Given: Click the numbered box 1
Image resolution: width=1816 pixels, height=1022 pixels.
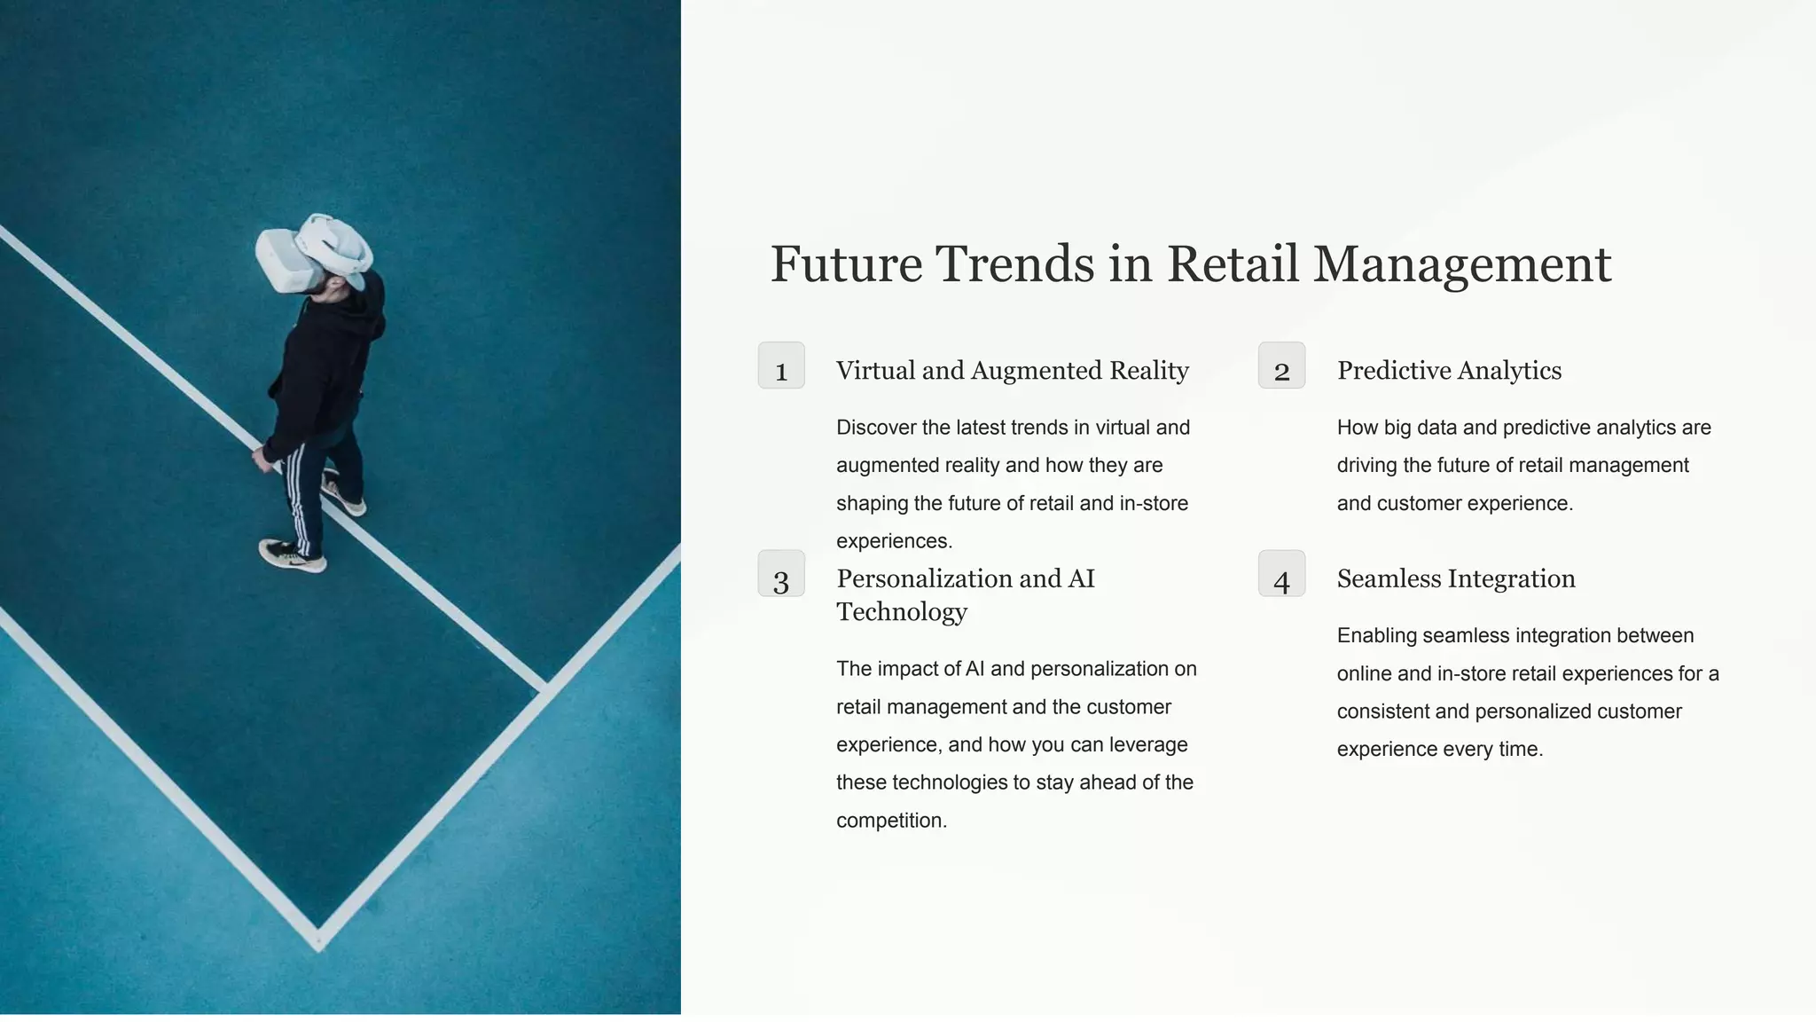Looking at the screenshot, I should pos(781,366).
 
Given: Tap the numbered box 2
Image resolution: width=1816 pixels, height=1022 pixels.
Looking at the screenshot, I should pos(1281,366).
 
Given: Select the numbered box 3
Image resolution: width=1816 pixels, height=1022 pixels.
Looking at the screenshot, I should pos(781,574).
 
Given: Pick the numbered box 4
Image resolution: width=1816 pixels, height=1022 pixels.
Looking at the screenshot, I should pos(1281,574).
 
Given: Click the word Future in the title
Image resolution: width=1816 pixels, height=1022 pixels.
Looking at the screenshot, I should pos(846,264).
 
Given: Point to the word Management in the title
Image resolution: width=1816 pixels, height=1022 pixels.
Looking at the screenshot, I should pos(1461,264).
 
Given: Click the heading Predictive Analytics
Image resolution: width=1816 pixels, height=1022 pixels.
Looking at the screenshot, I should pos(1449,371).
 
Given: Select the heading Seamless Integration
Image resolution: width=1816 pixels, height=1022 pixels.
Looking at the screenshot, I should pos(1456,579).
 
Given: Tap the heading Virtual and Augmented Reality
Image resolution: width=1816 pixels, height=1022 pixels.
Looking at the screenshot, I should pos(1012,371).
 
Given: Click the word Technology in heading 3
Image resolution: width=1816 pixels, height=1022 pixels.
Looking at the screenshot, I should pos(902,612).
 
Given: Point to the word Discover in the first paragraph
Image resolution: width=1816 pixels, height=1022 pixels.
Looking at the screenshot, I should pos(876,428).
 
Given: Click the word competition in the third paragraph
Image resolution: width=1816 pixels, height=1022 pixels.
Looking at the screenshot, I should pos(891,821).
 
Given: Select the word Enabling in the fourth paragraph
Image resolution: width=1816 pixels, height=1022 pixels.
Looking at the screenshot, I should pos(1376,636).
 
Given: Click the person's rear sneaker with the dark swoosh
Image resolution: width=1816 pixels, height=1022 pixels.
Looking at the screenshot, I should pos(292,555).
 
